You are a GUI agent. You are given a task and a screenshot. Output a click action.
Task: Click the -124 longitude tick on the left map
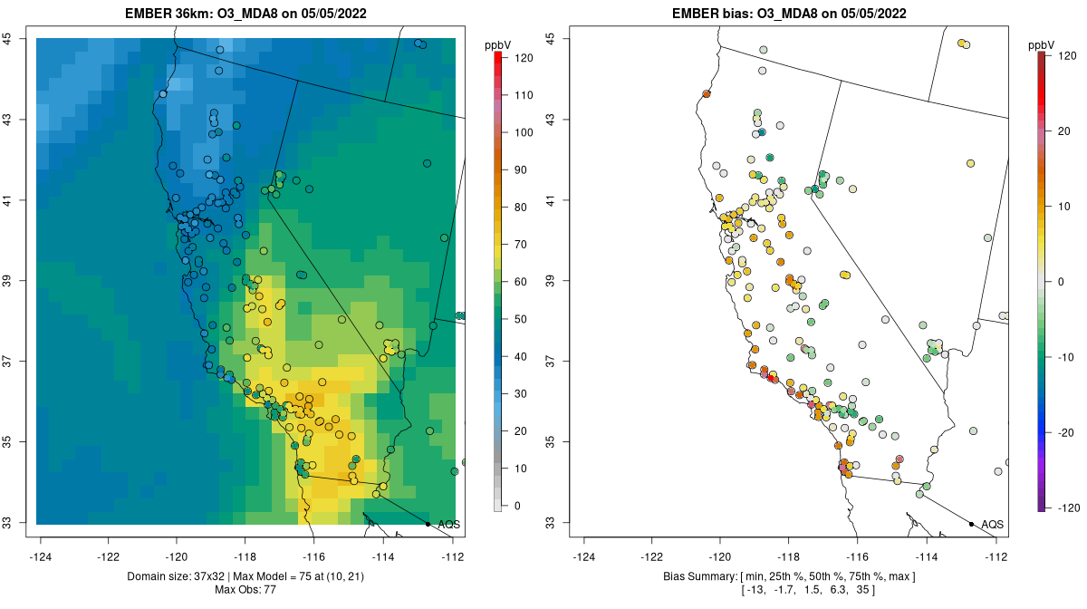pyautogui.click(x=41, y=556)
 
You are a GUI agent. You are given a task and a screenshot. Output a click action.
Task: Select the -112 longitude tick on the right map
pyautogui.click(x=996, y=556)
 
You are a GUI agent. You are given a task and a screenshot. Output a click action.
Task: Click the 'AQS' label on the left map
pyautogui.click(x=448, y=525)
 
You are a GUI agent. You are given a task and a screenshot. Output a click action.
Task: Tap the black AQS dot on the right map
pyautogui.click(x=971, y=524)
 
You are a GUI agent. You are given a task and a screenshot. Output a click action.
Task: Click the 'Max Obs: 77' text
pyautogui.click(x=245, y=590)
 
